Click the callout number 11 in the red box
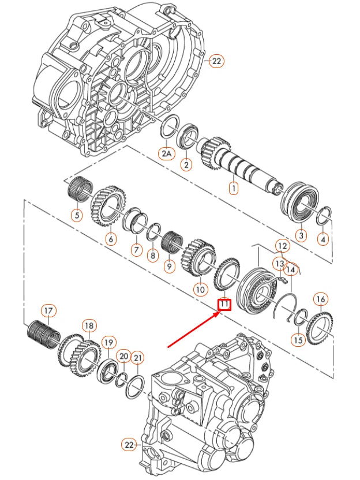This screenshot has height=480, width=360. pyautogui.click(x=224, y=304)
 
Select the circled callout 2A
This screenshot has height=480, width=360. pyautogui.click(x=166, y=153)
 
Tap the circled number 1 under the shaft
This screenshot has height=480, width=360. pyautogui.click(x=233, y=187)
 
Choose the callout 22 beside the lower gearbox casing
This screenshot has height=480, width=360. pyautogui.click(x=130, y=445)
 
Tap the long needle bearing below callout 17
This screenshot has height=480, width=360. pyautogui.click(x=42, y=333)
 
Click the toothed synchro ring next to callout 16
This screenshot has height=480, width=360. pyautogui.click(x=319, y=328)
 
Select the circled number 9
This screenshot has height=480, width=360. pyautogui.click(x=168, y=267)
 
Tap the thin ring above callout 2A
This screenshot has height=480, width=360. pyautogui.click(x=168, y=127)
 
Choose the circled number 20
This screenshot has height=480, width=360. pyautogui.click(x=122, y=357)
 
